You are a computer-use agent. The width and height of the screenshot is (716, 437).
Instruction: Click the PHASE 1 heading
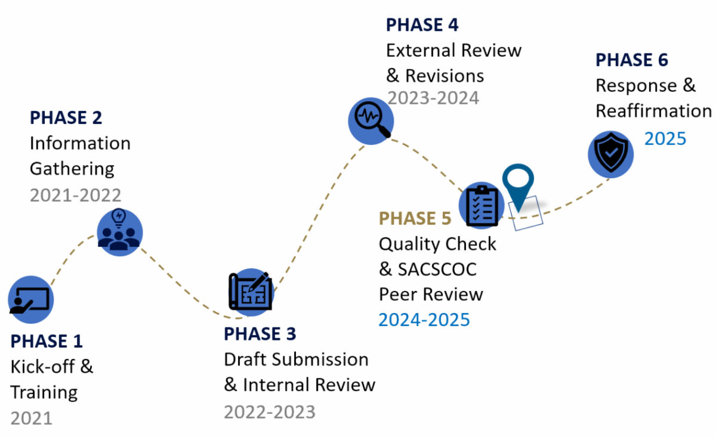tap(47, 341)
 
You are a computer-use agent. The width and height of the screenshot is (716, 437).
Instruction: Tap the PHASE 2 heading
tap(66, 117)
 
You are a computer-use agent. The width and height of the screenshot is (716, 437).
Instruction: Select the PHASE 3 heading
tap(260, 334)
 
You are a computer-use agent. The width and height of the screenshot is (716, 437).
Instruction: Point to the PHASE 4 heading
tap(422, 24)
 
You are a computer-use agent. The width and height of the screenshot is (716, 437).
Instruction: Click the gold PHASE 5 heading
tap(415, 219)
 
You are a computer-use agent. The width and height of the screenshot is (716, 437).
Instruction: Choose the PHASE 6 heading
tap(632, 60)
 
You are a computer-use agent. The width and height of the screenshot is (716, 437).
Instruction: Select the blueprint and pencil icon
tap(251, 290)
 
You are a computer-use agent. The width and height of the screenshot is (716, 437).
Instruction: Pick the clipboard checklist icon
tap(482, 205)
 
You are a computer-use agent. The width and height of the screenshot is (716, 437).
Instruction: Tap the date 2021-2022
tap(75, 194)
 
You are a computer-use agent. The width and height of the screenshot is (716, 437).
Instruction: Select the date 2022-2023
tap(270, 411)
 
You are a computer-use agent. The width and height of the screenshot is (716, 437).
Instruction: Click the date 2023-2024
tap(433, 97)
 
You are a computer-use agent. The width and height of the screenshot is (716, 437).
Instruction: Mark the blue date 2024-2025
tap(424, 320)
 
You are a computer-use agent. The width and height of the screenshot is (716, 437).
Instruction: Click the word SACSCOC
tap(436, 269)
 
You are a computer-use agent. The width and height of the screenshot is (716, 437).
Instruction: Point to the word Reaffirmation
tap(653, 111)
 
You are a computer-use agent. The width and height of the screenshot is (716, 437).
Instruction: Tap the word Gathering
tap(72, 169)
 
